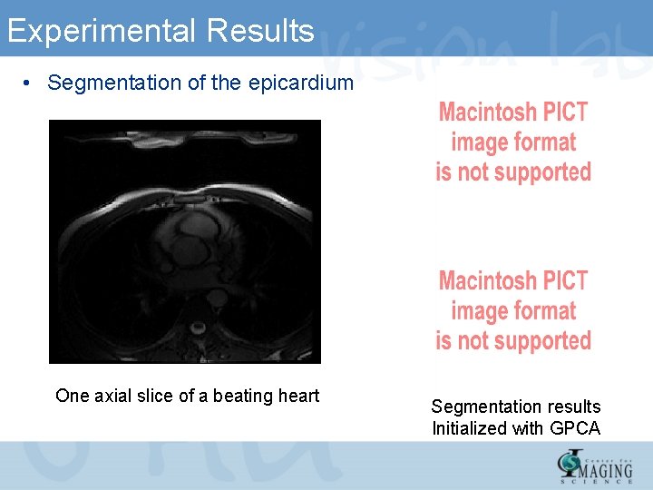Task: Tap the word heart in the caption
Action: pos(297,396)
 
